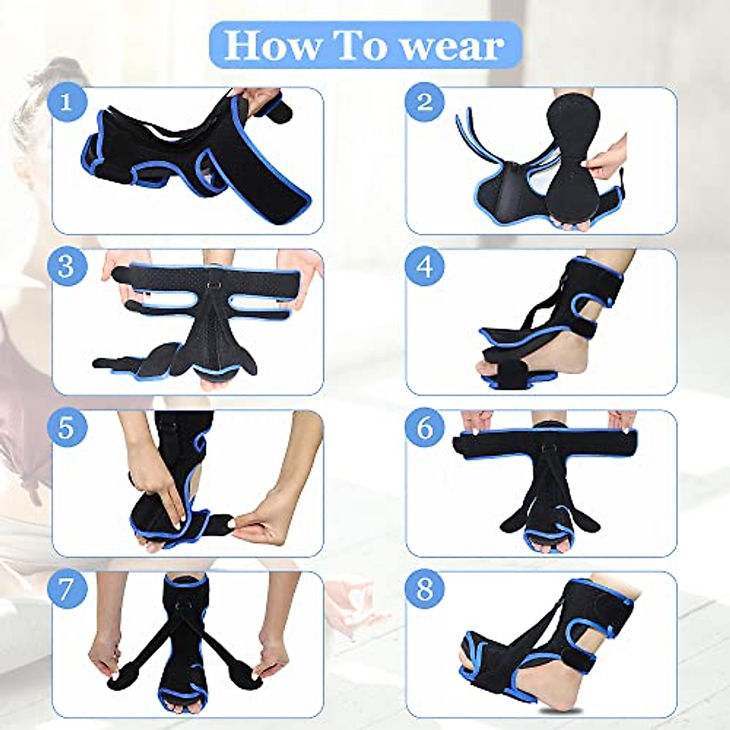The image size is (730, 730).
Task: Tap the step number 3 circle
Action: tap(66, 266)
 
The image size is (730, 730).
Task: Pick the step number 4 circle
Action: tap(425, 266)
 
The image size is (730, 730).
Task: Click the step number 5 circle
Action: tap(66, 428)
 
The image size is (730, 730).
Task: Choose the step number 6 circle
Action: tap(425, 428)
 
